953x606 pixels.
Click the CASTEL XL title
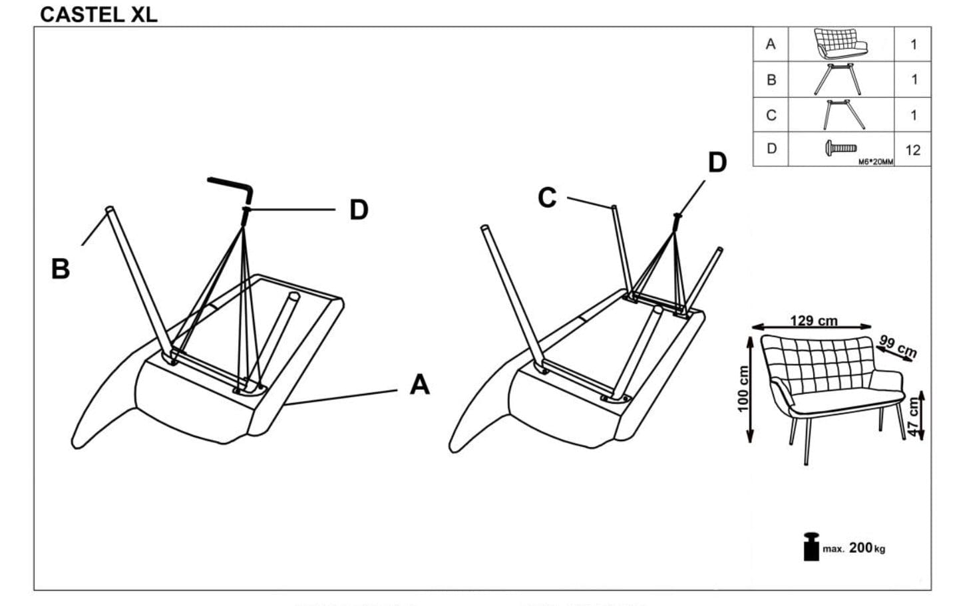point(98,15)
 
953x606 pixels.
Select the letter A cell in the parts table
point(771,45)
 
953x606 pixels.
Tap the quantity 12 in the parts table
point(912,150)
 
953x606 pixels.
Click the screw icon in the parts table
point(841,148)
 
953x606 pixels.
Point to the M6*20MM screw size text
point(876,162)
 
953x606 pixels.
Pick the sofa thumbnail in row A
point(841,44)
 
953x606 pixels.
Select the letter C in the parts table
point(771,115)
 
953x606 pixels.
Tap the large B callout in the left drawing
point(60,269)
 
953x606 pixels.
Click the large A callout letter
point(419,384)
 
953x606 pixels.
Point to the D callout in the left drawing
point(359,210)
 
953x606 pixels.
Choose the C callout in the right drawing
point(547,198)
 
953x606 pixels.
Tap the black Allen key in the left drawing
point(230,187)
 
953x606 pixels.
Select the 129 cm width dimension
point(813,321)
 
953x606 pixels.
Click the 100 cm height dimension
point(743,389)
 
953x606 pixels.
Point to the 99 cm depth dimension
point(898,346)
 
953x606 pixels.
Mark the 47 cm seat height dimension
point(914,416)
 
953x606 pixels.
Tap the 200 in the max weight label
point(860,548)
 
